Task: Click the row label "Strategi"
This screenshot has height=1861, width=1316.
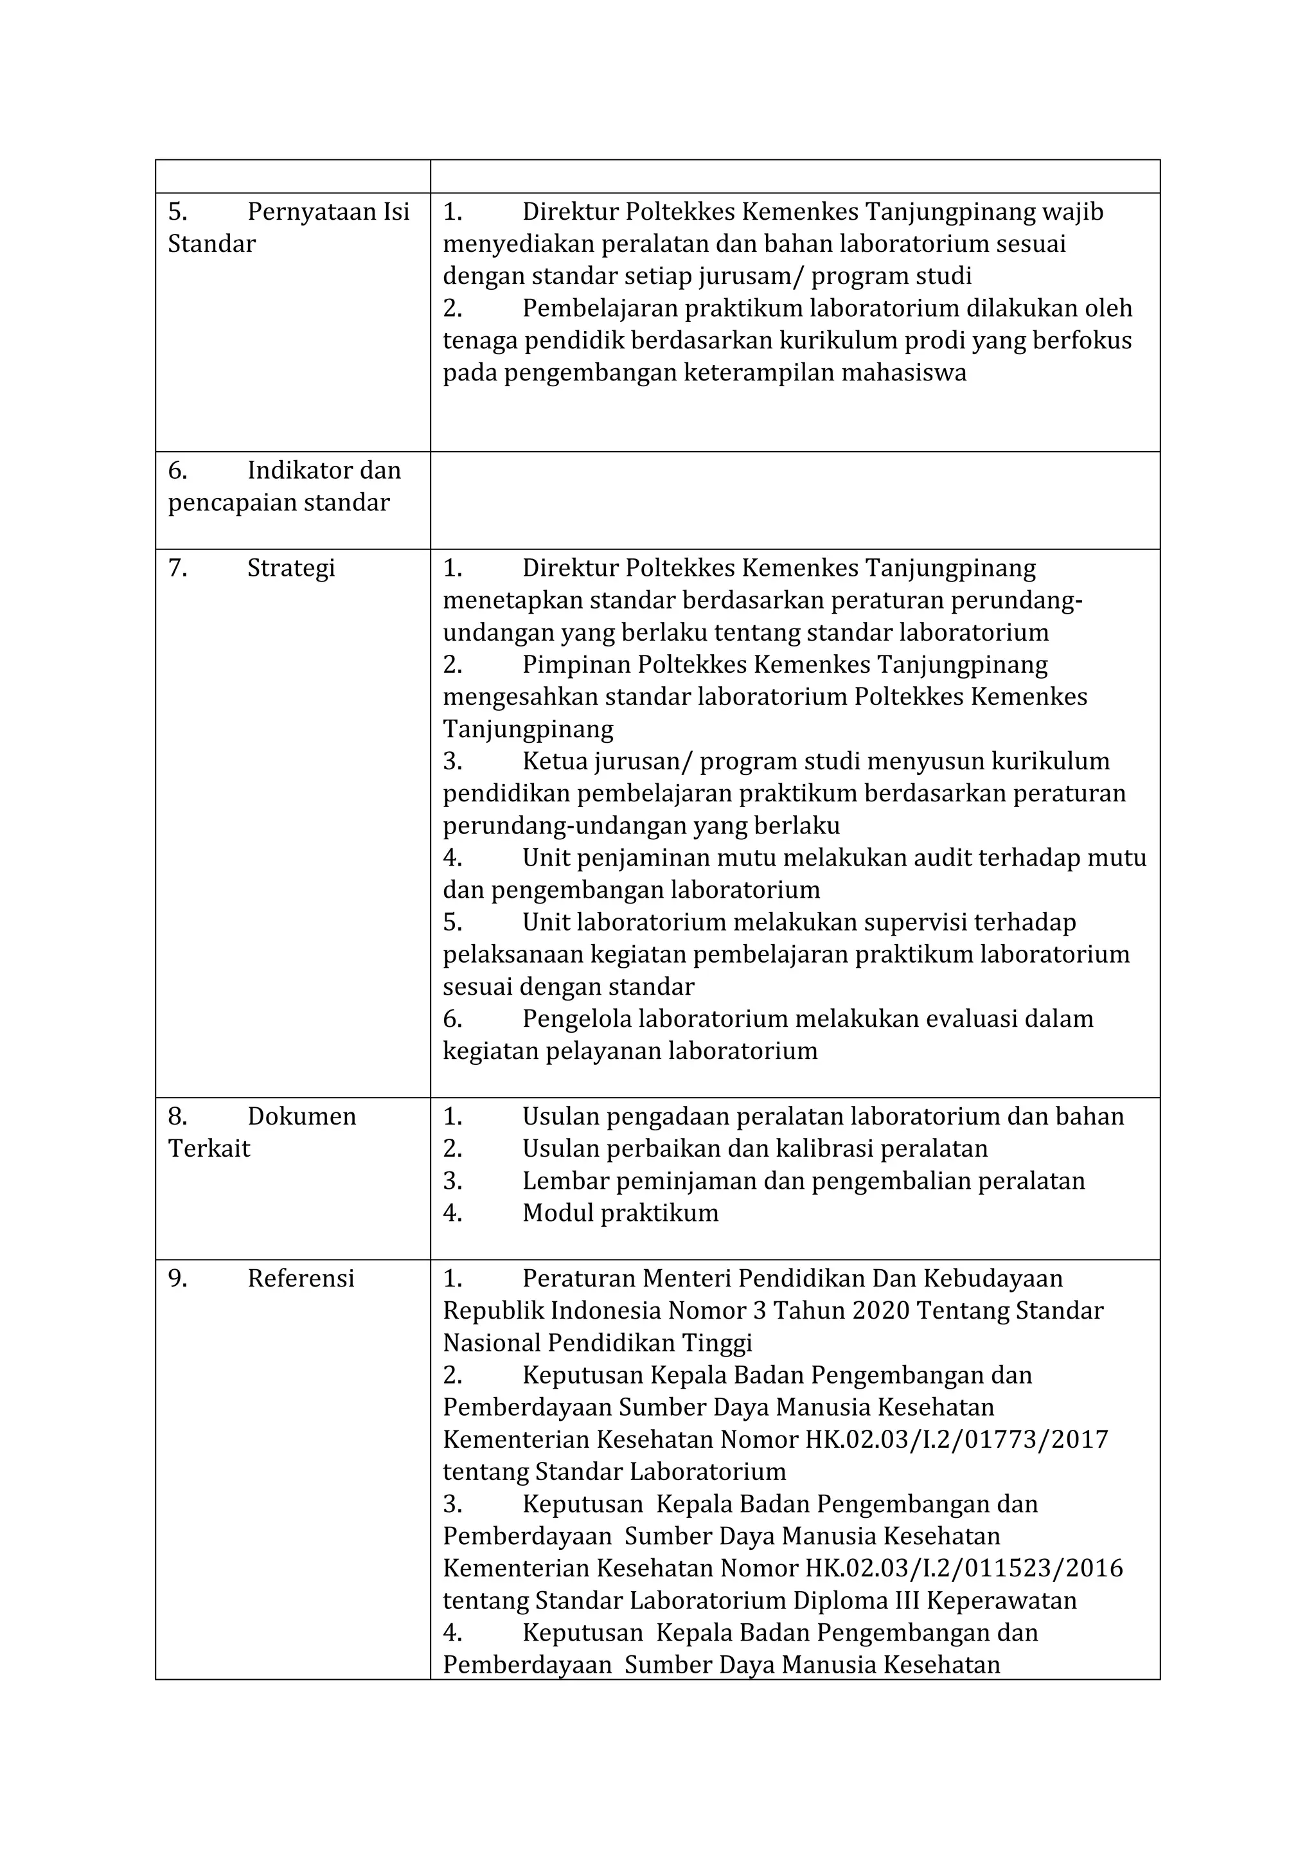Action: (291, 568)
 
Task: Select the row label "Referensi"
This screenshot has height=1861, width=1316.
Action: (301, 1278)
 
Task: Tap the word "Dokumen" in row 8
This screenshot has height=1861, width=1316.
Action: (301, 1116)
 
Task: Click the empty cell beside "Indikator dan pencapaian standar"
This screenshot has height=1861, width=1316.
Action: (794, 500)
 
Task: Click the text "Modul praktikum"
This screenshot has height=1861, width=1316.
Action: (620, 1213)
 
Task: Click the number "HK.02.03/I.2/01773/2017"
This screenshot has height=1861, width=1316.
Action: (956, 1439)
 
